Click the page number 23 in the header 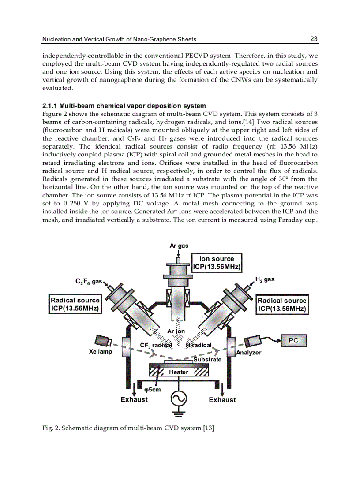[x=314, y=39]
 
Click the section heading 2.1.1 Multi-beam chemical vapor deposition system [x=124, y=106]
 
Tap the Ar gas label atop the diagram [x=179, y=246]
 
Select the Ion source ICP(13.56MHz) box [x=217, y=263]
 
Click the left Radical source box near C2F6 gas [x=75, y=304]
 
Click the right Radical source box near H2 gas [x=282, y=304]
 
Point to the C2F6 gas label [x=88, y=281]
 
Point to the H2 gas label [x=265, y=279]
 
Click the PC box [x=293, y=340]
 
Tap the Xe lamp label [x=101, y=352]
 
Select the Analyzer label [x=249, y=353]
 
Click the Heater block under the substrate [x=179, y=372]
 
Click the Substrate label [x=207, y=360]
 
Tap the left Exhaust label [x=134, y=400]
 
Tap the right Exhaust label [x=222, y=400]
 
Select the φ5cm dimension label [x=153, y=390]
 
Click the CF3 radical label [x=155, y=345]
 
